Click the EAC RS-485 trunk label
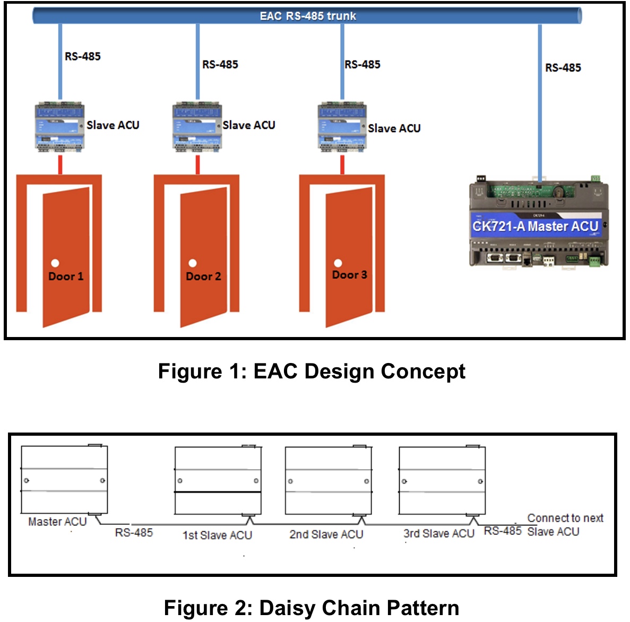[x=307, y=16]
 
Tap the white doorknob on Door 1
[x=55, y=263]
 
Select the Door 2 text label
[x=203, y=277]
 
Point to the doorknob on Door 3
[x=338, y=263]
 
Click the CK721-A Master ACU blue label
[x=535, y=227]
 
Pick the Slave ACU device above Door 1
[x=59, y=127]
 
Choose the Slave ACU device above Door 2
[x=197, y=127]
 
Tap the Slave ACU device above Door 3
[x=342, y=127]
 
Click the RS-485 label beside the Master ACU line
[x=563, y=68]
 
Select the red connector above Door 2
[x=198, y=165]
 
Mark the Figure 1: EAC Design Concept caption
[x=312, y=372]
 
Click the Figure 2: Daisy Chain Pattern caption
[x=312, y=608]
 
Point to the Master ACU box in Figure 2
[x=64, y=480]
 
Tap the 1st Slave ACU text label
[x=217, y=535]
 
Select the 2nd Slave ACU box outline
[x=328, y=480]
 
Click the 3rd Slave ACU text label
[x=438, y=534]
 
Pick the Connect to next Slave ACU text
[x=565, y=525]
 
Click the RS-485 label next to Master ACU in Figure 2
[x=134, y=533]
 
